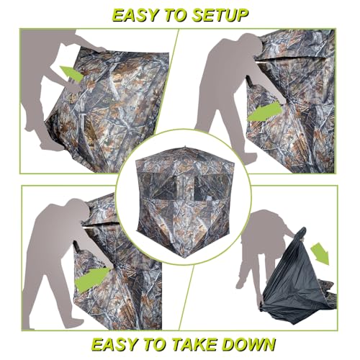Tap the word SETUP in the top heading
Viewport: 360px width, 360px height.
[220, 14]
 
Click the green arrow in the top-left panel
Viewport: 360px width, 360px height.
[71, 73]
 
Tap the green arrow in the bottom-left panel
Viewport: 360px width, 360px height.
[92, 279]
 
